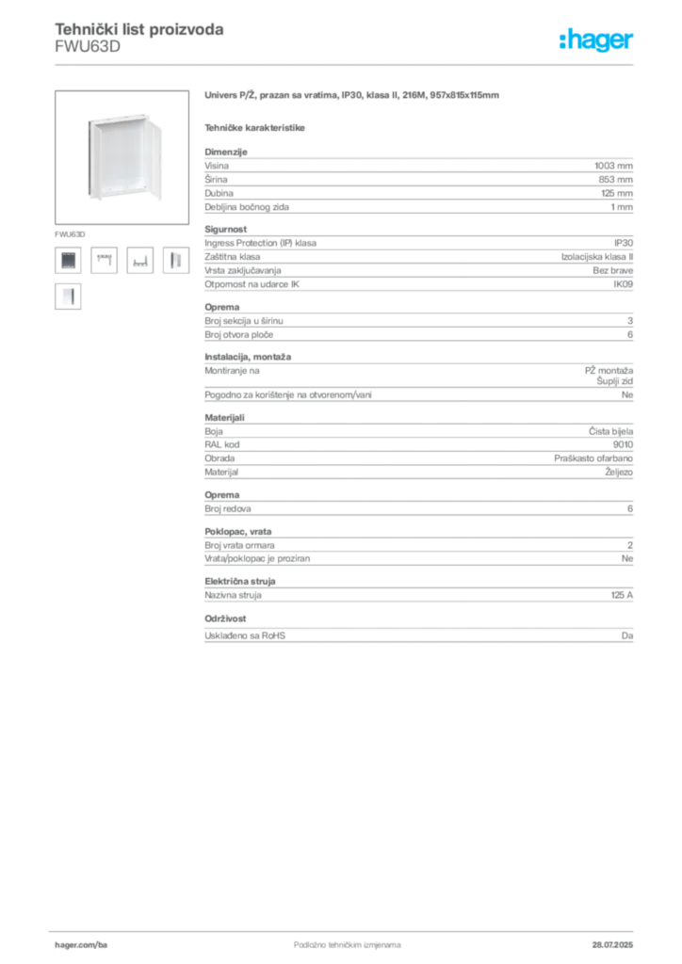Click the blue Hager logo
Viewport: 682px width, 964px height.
click(598, 40)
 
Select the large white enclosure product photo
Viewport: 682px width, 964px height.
click(122, 156)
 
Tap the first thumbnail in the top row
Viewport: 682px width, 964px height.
click(68, 260)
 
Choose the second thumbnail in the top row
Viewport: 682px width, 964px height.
click(104, 260)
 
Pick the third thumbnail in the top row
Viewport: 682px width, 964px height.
click(139, 261)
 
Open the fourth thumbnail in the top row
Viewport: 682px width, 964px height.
click(174, 260)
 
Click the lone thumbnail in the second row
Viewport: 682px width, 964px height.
click(68, 297)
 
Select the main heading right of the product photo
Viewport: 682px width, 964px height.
click(353, 96)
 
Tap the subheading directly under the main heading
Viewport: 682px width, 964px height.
click(256, 127)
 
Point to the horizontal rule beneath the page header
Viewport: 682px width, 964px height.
click(347, 64)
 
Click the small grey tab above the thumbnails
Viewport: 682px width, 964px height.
click(71, 232)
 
